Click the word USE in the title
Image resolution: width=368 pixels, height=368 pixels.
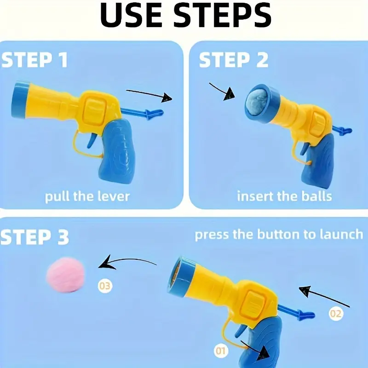click(x=131, y=15)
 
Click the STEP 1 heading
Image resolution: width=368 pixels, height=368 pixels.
click(x=34, y=60)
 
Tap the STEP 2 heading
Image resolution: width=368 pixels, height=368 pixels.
click(x=234, y=60)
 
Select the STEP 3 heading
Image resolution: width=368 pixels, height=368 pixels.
click(x=34, y=237)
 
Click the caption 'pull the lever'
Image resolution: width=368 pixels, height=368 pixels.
click(x=87, y=196)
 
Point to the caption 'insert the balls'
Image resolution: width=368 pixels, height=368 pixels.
click(x=284, y=196)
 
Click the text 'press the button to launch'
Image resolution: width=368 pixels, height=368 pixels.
click(x=279, y=235)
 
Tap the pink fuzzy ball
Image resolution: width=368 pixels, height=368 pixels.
click(x=65, y=275)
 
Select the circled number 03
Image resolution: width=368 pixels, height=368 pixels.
click(x=105, y=286)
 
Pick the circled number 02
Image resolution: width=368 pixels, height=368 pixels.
click(x=335, y=314)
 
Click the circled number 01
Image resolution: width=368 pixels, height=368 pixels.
click(x=221, y=351)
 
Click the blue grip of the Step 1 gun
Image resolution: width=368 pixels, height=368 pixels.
click(x=117, y=150)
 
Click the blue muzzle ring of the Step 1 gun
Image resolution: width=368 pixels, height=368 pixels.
click(x=19, y=100)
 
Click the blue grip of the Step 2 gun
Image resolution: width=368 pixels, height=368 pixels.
click(x=317, y=162)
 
